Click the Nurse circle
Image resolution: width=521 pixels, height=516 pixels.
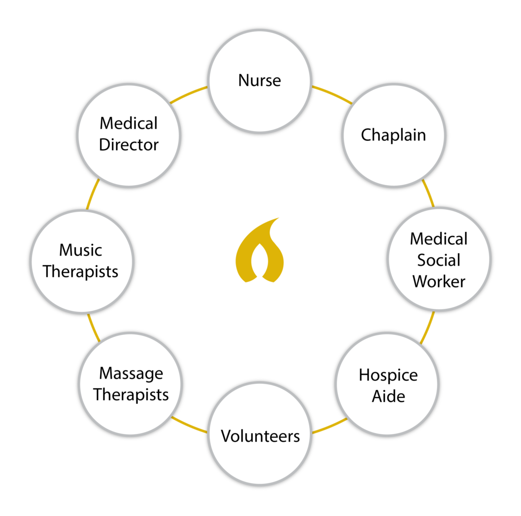pos(259,81)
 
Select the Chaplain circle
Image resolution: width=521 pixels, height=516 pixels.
pos(393,135)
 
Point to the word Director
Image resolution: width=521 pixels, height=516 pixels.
pos(129,145)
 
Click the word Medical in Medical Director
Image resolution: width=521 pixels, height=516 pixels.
pos(129,123)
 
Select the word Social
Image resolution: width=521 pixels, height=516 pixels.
pos(439,260)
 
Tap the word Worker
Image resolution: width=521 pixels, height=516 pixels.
pos(439,281)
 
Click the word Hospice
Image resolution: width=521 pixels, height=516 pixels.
pos(388,375)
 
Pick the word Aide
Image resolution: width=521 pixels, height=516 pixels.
pos(388,396)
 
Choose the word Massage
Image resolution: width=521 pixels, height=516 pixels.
pos(131,374)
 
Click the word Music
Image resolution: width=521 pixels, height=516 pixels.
pos(80,250)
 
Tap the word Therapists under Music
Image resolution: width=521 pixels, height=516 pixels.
pos(80,271)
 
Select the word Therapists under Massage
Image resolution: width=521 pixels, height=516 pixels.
pos(131,395)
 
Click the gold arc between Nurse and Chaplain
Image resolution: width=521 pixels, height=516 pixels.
pos(332,93)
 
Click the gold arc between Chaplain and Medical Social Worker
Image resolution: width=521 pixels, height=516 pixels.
pos(428,193)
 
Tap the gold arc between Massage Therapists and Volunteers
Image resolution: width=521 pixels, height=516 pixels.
pos(189,426)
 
